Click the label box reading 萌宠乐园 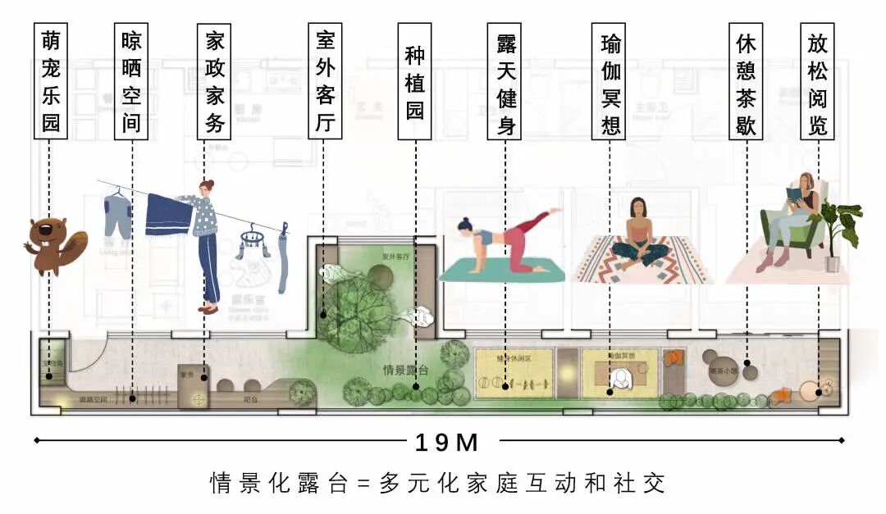(x=51, y=81)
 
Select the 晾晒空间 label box (x=131, y=81)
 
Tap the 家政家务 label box (x=214, y=81)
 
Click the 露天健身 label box (x=505, y=81)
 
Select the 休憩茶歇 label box (x=746, y=81)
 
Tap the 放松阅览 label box (x=818, y=81)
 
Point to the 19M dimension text (x=445, y=443)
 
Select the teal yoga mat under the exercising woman (x=501, y=271)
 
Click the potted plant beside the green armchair (x=838, y=234)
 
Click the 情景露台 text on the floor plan (x=405, y=369)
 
